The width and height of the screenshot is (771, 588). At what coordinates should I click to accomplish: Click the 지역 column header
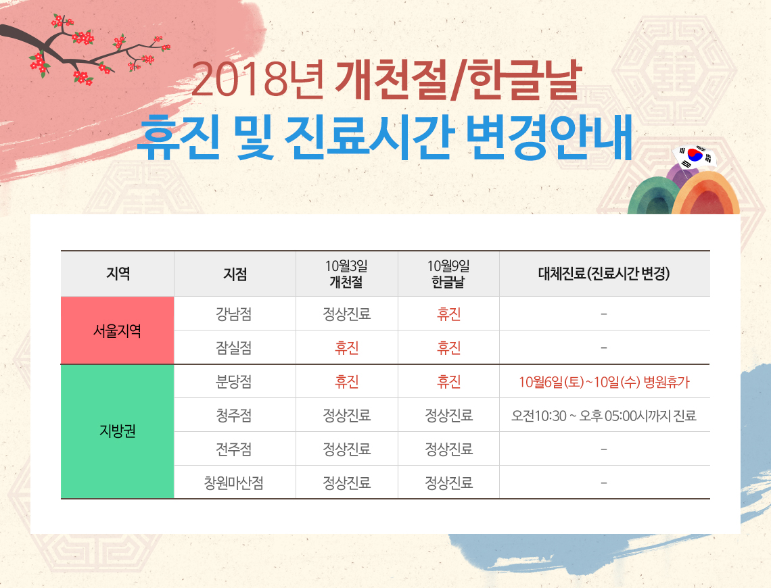click(x=118, y=274)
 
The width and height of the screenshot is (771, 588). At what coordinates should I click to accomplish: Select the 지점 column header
click(x=235, y=274)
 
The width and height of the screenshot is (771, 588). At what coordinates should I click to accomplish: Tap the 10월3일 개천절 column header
click(x=346, y=274)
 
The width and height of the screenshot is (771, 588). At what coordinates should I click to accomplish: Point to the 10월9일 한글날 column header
click(x=448, y=274)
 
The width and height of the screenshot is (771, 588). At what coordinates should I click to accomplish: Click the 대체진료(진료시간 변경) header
click(x=605, y=274)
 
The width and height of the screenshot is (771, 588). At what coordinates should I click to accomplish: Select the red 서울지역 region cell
click(x=118, y=330)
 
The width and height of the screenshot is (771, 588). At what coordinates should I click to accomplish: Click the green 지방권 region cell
click(x=118, y=431)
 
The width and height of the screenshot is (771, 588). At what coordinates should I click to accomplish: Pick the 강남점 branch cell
click(x=234, y=314)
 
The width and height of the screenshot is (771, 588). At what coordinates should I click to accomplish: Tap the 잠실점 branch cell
click(x=234, y=348)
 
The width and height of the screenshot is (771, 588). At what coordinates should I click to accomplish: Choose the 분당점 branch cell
click(x=234, y=382)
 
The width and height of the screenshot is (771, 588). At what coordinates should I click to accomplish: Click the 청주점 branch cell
click(x=234, y=416)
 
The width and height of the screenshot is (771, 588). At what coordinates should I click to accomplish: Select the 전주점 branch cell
click(x=234, y=449)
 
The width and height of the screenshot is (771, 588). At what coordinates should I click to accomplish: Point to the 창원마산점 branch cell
click(x=234, y=483)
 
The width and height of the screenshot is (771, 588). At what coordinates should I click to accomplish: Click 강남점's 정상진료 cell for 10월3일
click(x=347, y=314)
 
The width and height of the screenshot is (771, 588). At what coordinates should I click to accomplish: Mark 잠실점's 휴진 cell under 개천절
click(x=347, y=348)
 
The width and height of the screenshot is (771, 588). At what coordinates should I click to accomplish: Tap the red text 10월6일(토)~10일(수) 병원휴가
click(x=605, y=382)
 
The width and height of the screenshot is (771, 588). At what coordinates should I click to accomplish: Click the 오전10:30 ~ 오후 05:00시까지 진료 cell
click(x=605, y=416)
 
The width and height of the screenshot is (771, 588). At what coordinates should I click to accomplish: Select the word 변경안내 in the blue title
click(x=548, y=137)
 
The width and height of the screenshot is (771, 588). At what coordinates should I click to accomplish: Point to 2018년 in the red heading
click(x=257, y=79)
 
